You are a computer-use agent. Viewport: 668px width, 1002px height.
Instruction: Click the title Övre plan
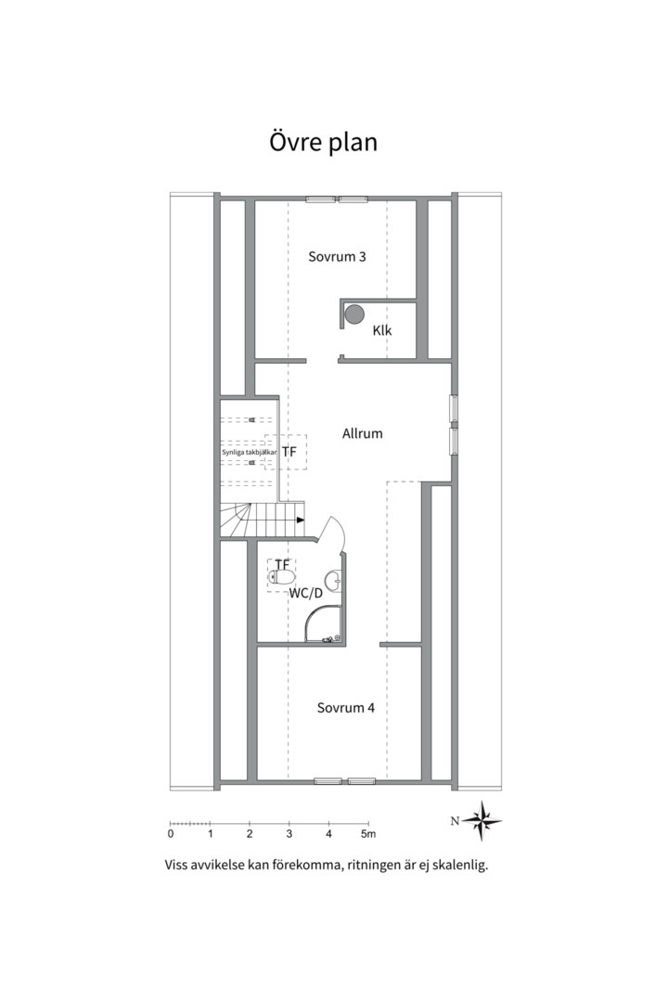323,143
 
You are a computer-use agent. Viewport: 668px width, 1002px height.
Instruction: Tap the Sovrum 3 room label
337,257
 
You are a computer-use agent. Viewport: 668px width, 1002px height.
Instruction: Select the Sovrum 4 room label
345,708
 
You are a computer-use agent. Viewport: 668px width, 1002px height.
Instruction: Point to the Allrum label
363,433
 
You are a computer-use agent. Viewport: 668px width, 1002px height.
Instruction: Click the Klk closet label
382,330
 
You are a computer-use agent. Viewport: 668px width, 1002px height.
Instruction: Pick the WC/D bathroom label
306,593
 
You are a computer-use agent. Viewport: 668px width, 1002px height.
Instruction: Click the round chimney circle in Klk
354,314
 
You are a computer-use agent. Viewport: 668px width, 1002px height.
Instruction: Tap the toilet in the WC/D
281,578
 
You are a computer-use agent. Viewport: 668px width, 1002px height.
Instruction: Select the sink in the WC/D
333,582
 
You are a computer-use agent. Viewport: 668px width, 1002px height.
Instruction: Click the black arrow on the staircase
301,520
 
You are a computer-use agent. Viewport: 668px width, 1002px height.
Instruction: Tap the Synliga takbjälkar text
250,452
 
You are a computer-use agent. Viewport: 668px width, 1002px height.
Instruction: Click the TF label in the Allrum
289,452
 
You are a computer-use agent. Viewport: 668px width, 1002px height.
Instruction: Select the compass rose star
482,820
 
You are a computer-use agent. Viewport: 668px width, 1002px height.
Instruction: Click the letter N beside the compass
455,821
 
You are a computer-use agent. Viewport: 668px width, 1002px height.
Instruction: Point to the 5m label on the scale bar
367,834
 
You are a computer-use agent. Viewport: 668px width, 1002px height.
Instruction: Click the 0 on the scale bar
171,834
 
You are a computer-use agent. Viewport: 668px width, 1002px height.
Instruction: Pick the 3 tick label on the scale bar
289,834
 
